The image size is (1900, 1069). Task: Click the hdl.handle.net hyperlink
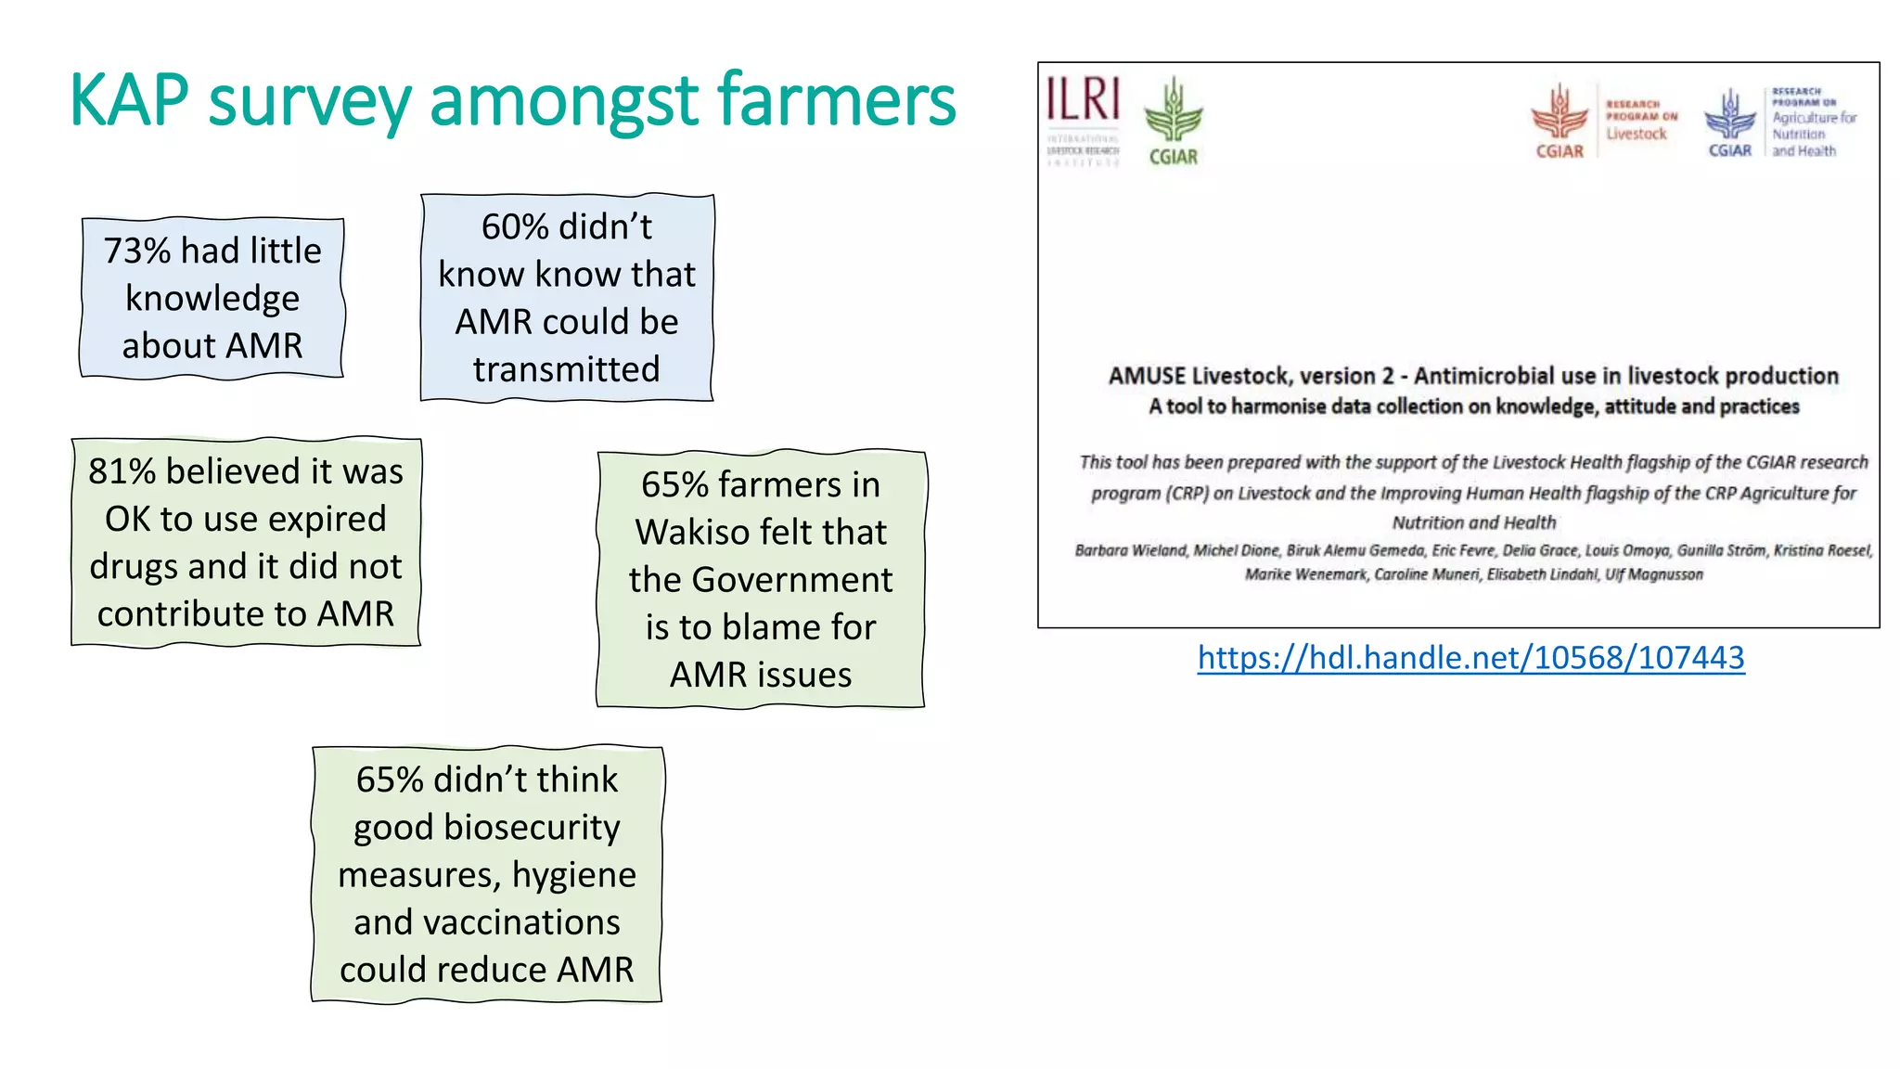point(1470,658)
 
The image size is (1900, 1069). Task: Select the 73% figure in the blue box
point(137,251)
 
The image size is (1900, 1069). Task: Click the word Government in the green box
point(792,580)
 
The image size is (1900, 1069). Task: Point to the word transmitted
point(566,369)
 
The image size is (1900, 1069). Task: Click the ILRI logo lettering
point(1083,99)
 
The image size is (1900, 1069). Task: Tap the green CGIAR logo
point(1173,121)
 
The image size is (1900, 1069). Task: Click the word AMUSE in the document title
point(1147,376)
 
